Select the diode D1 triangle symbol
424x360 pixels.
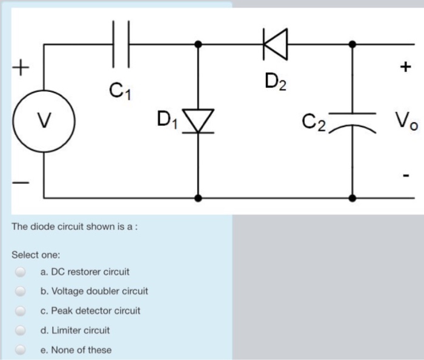199,120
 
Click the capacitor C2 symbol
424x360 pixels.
353,119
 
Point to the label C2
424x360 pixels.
315,122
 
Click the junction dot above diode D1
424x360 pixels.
199,44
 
